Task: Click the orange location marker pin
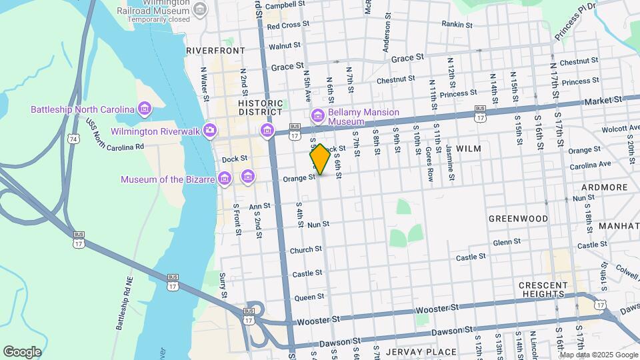pos(320,159)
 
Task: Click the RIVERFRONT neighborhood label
pos(215,50)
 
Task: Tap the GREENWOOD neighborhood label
pos(518,219)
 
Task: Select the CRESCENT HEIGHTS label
pos(543,289)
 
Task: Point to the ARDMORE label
pos(604,187)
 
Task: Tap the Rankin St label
pos(457,25)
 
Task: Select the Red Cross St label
pos(285,27)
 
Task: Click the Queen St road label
pos(309,297)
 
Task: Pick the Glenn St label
pos(507,243)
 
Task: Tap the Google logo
pos(22,351)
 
